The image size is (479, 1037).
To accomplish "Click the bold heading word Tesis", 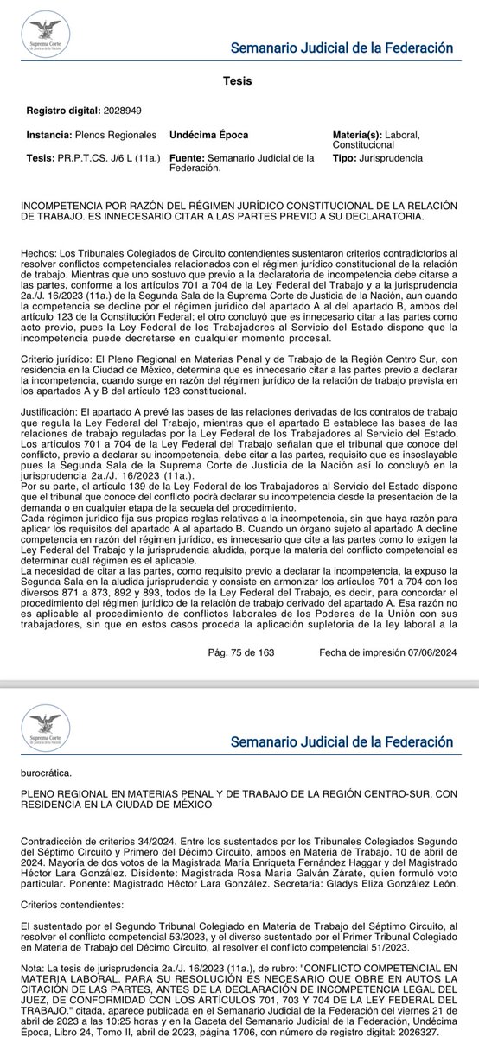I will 239,81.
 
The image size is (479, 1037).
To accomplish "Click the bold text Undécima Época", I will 210,136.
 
